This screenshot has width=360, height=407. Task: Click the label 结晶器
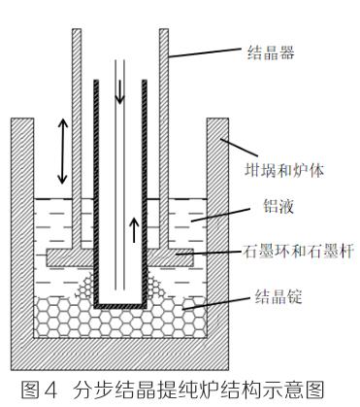[x=271, y=52]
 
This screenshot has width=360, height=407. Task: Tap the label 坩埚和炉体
[x=284, y=170]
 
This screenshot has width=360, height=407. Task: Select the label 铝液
[x=278, y=206]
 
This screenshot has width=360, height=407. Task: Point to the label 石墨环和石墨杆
[x=298, y=252]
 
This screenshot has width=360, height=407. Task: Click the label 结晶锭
[x=278, y=296]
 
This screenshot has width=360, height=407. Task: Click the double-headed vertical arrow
[x=62, y=152]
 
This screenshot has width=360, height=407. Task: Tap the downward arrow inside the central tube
[x=120, y=91]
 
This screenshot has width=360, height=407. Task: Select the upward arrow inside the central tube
[x=134, y=230]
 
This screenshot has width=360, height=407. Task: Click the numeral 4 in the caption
[x=50, y=390]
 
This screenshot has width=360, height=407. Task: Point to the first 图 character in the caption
[x=30, y=390]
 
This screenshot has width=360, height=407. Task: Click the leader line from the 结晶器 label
[x=206, y=52]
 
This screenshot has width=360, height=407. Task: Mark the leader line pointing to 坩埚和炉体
[x=240, y=148]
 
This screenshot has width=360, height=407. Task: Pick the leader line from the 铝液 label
[x=220, y=215]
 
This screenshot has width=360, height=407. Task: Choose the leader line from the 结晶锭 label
[x=216, y=304]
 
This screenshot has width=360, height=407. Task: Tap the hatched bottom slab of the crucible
[x=120, y=354]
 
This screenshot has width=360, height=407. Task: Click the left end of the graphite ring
[x=48, y=257]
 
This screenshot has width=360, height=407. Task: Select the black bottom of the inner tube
[x=120, y=306]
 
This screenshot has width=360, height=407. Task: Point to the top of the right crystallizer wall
[x=164, y=30]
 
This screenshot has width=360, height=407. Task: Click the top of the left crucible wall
[x=22, y=119]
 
